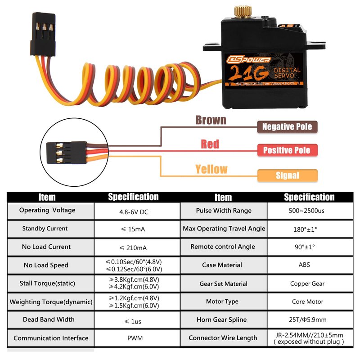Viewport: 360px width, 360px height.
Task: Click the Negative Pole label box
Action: click(287, 127)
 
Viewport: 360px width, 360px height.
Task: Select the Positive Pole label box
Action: click(287, 150)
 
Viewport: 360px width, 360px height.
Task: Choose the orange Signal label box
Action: click(287, 175)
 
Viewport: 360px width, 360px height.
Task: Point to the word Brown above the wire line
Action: click(211, 120)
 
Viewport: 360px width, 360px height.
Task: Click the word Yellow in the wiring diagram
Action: click(211, 169)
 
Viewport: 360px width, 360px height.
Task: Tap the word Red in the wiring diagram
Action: click(210, 144)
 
